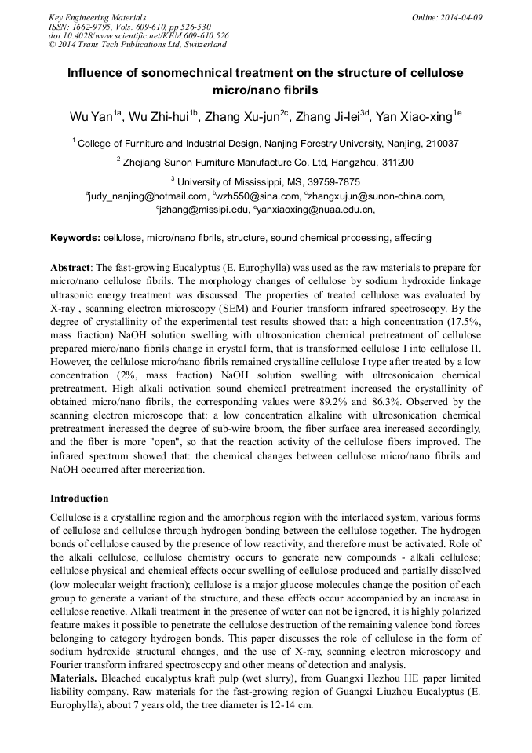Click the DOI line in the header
139,35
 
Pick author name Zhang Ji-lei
325,118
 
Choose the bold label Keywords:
75,237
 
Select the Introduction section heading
79,498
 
